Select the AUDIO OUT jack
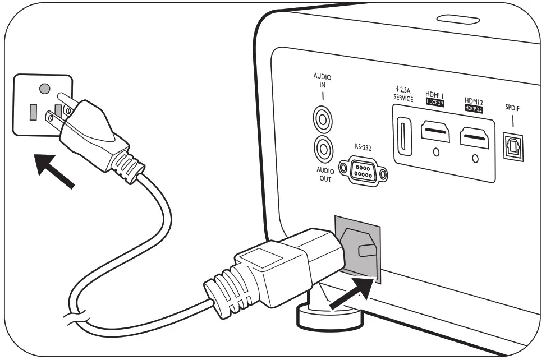click(324, 149)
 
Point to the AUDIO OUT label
click(324, 174)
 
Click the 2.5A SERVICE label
click(403, 94)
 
